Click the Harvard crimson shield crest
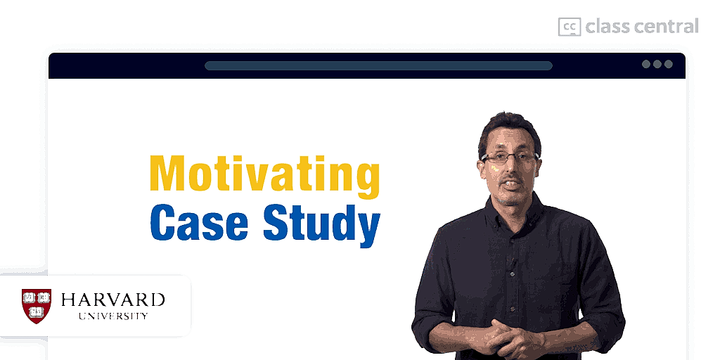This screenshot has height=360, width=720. pos(37,306)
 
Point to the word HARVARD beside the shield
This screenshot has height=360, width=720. pos(113,300)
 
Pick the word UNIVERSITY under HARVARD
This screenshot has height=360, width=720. pos(113,316)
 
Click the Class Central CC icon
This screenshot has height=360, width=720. pos(570,27)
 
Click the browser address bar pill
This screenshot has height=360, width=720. pos(378,65)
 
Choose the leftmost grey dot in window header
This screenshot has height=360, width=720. pos(646,64)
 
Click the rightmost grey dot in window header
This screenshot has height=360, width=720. pos(669,64)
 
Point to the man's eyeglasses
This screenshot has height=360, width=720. pos(510,157)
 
